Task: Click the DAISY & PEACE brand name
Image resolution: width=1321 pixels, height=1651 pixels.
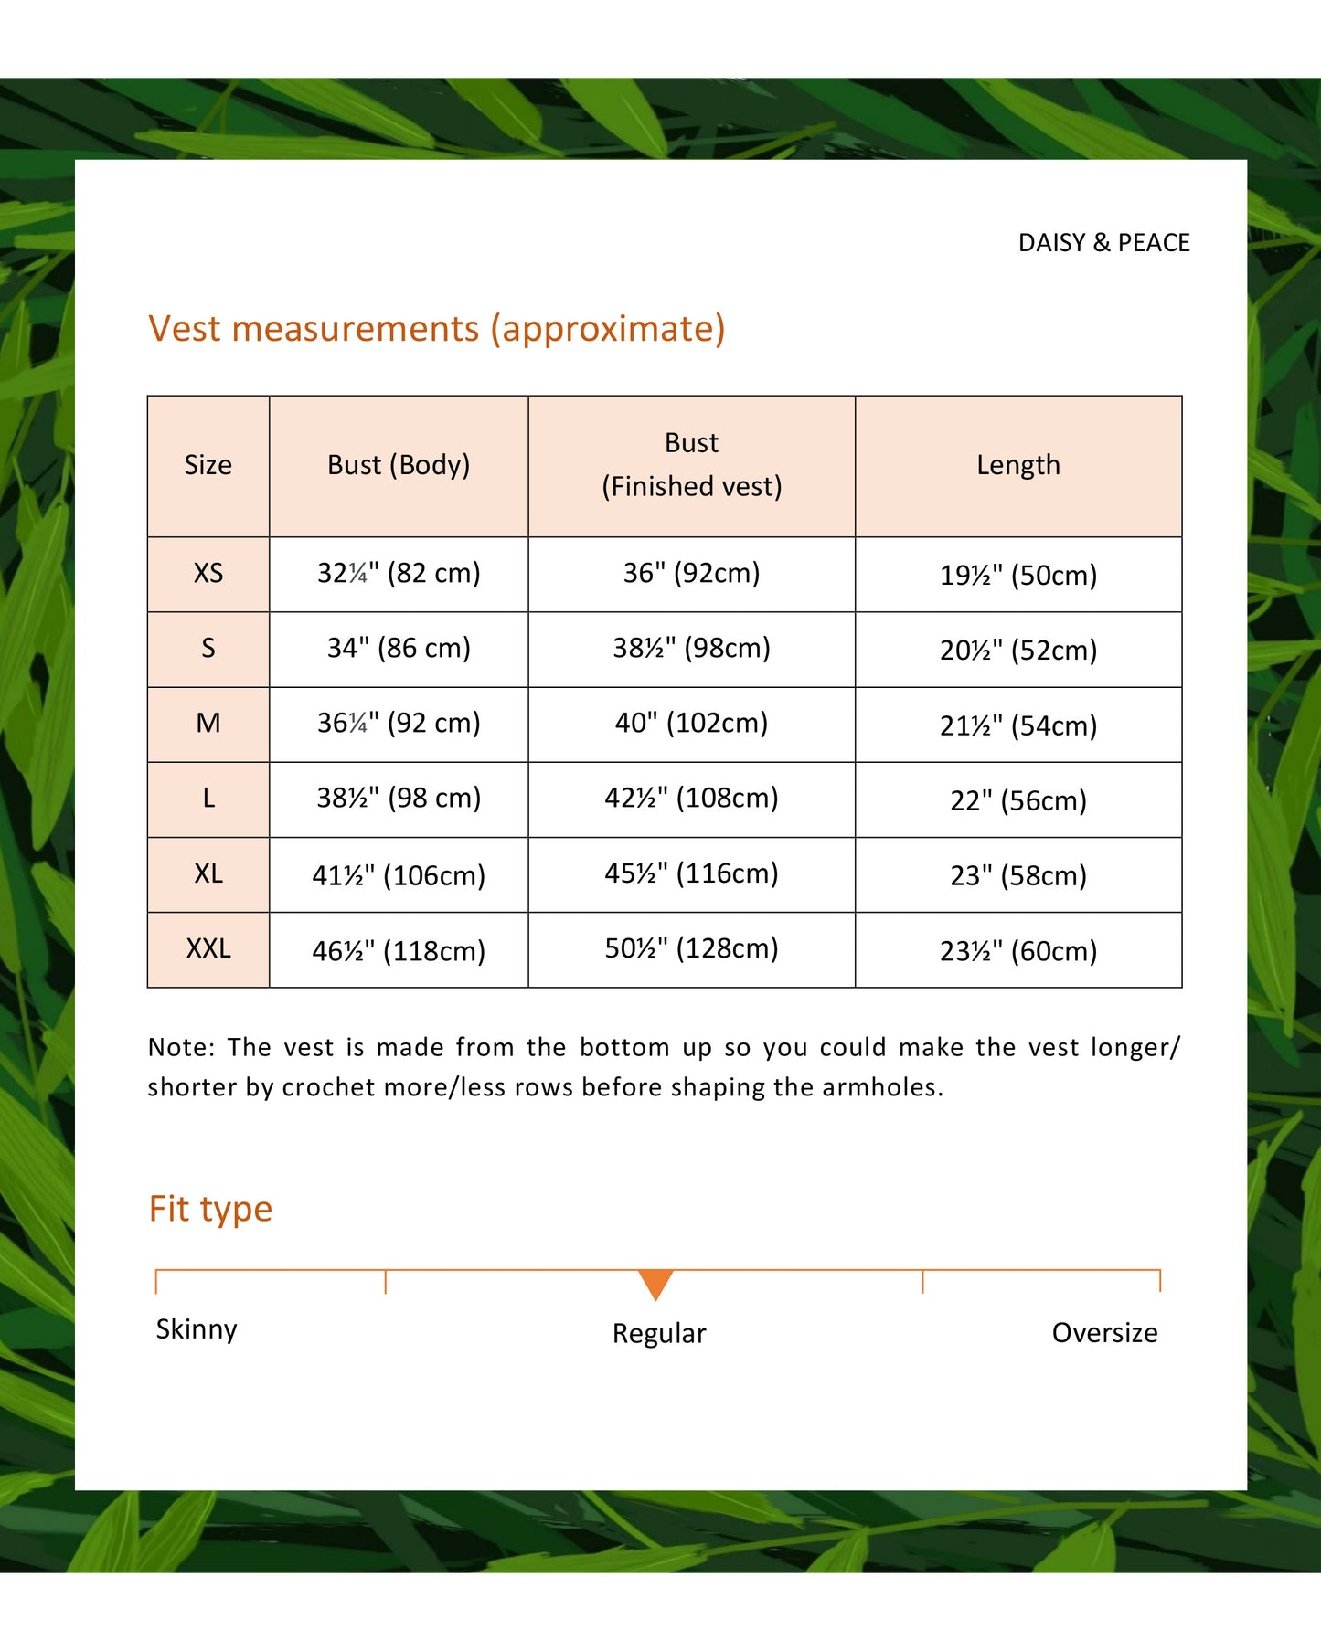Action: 1103,243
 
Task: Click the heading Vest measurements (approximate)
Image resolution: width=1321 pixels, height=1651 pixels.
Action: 436,329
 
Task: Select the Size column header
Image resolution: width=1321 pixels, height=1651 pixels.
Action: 208,465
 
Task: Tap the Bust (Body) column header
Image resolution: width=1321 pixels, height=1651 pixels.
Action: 399,465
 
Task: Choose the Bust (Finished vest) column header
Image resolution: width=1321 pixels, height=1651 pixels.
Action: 691,465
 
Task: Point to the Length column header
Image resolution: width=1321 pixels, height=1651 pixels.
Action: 1017,465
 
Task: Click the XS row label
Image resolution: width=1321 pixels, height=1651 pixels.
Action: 208,573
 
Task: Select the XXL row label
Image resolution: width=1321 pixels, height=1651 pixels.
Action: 208,948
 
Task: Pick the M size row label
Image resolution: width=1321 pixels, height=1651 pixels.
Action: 208,724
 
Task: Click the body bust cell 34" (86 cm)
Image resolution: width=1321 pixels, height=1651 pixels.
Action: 399,648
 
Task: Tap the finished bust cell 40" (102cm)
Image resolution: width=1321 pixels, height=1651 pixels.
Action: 691,723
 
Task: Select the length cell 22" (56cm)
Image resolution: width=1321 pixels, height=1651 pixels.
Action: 1017,800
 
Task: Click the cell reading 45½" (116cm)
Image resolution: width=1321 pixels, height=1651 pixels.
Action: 691,873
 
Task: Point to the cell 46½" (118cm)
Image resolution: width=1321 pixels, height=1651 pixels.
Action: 399,951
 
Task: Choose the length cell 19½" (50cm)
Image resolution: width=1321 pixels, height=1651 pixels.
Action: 1017,575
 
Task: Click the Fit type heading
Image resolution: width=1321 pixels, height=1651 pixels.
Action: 210,1209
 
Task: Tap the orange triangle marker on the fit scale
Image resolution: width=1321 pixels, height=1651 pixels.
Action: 655,1282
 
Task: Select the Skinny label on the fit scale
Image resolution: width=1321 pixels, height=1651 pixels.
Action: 196,1329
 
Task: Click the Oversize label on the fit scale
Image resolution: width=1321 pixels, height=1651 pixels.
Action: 1104,1333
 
